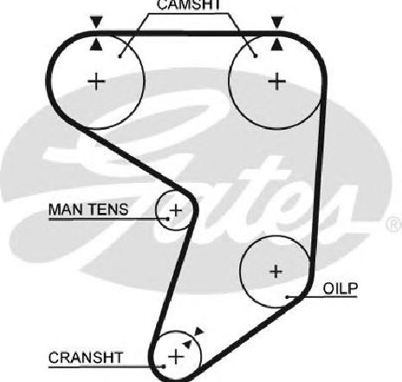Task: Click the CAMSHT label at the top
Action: click(x=189, y=4)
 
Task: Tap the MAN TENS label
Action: click(x=88, y=210)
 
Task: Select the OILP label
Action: click(x=340, y=288)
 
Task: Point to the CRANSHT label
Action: click(x=86, y=358)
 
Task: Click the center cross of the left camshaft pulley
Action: click(x=96, y=81)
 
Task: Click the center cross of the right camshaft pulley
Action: click(x=277, y=81)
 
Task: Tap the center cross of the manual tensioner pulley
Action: click(x=175, y=210)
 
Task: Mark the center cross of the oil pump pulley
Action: click(x=276, y=271)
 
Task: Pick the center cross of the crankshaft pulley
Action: click(x=176, y=357)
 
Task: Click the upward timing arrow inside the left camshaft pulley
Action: click(x=96, y=45)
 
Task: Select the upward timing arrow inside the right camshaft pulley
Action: click(x=277, y=45)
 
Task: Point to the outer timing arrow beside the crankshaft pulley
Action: click(x=199, y=332)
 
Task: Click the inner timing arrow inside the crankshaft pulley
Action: click(x=187, y=343)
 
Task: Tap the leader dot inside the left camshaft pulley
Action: click(x=120, y=56)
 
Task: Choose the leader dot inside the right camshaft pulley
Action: click(x=256, y=56)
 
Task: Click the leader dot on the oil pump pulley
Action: click(x=288, y=297)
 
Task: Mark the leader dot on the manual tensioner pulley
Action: click(x=168, y=219)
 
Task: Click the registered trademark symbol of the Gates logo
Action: click(x=394, y=223)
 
